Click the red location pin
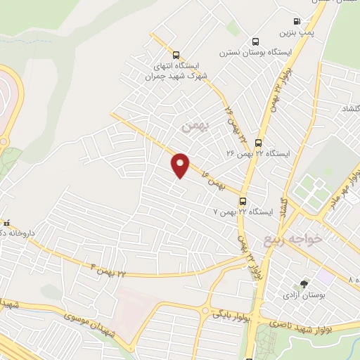pyautogui.click(x=181, y=165)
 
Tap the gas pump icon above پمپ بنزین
pyautogui.click(x=297, y=21)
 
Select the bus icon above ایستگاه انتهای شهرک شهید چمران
pyautogui.click(x=176, y=55)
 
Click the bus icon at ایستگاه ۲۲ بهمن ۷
pyautogui.click(x=243, y=200)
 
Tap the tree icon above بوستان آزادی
pyautogui.click(x=304, y=284)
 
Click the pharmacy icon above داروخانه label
pyautogui.click(x=6, y=223)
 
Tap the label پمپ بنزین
pyautogui.click(x=295, y=32)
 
